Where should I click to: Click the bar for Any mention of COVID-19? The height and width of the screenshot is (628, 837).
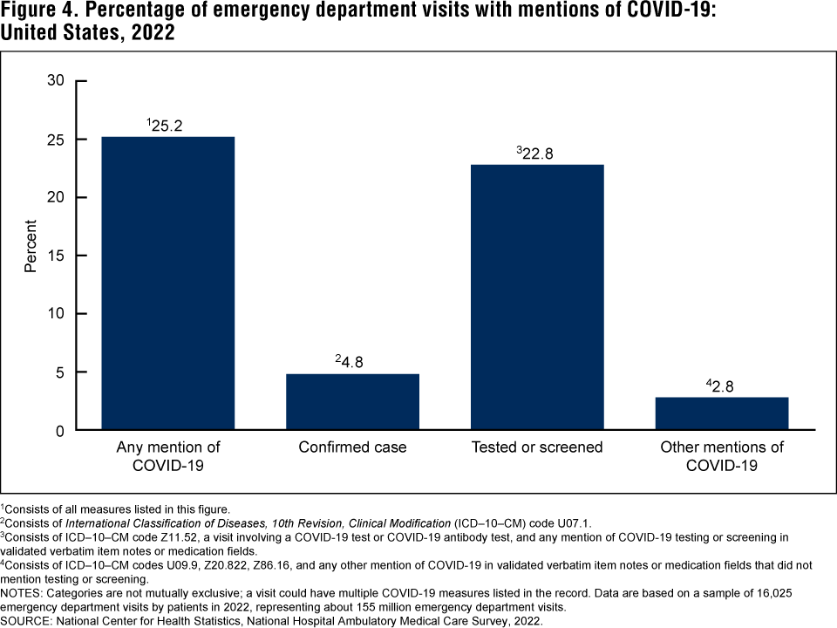point(168,283)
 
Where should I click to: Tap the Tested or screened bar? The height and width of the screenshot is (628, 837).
point(537,297)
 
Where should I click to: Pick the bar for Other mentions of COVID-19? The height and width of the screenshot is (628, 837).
point(722,413)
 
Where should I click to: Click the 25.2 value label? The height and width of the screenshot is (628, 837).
point(166,126)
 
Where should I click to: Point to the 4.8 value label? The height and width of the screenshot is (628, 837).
point(352,363)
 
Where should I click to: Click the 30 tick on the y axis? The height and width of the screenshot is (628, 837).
point(56,81)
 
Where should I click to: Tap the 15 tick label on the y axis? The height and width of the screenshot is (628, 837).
point(56,256)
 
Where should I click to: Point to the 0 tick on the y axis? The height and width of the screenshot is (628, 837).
point(60,430)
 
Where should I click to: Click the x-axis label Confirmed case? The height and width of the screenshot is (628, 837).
point(352,447)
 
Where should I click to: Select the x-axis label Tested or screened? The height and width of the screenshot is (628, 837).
point(537,447)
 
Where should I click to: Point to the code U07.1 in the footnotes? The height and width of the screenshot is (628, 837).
point(571,523)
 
